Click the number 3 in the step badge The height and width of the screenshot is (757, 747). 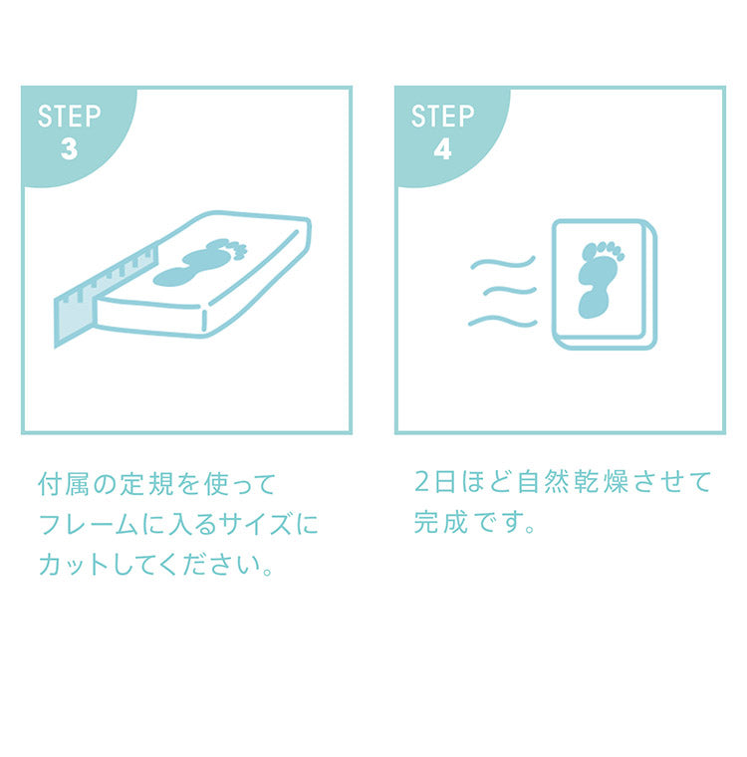tap(70, 149)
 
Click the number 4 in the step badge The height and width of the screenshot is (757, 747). tap(443, 149)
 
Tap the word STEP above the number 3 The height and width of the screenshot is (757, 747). tap(70, 117)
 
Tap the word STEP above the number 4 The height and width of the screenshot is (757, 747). tap(443, 117)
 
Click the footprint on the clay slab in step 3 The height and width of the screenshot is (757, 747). tap(198, 263)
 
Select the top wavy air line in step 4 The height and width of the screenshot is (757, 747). tap(503, 264)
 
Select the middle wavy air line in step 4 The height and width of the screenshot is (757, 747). tap(509, 291)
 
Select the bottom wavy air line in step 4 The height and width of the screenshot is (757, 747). tap(503, 321)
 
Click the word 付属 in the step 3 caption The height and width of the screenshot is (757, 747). tap(63, 484)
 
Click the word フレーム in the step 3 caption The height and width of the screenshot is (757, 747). tap(88, 524)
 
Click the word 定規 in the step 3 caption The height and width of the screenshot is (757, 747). tap(145, 484)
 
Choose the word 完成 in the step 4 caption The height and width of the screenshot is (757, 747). tap(441, 522)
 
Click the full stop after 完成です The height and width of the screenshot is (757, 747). tap(530, 528)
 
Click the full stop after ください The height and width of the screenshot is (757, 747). tap(268, 571)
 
